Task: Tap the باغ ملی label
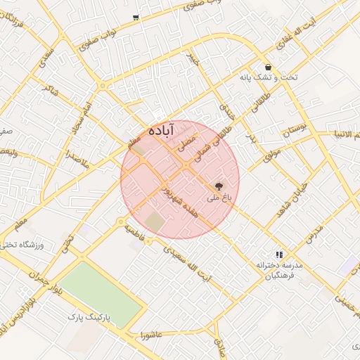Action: [219, 199]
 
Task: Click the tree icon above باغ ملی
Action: [219, 187]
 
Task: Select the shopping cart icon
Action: [135, 17]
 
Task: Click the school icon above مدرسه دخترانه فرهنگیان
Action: [279, 255]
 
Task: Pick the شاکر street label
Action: [51, 91]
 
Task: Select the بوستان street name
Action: [295, 129]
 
